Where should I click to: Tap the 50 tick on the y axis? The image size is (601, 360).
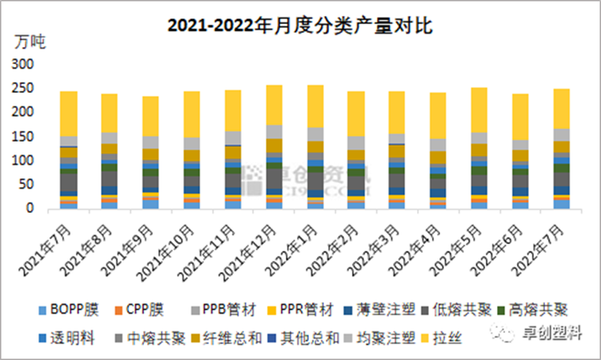coord(29,185)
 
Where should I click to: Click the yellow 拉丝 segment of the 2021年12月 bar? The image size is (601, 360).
coord(274,105)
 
